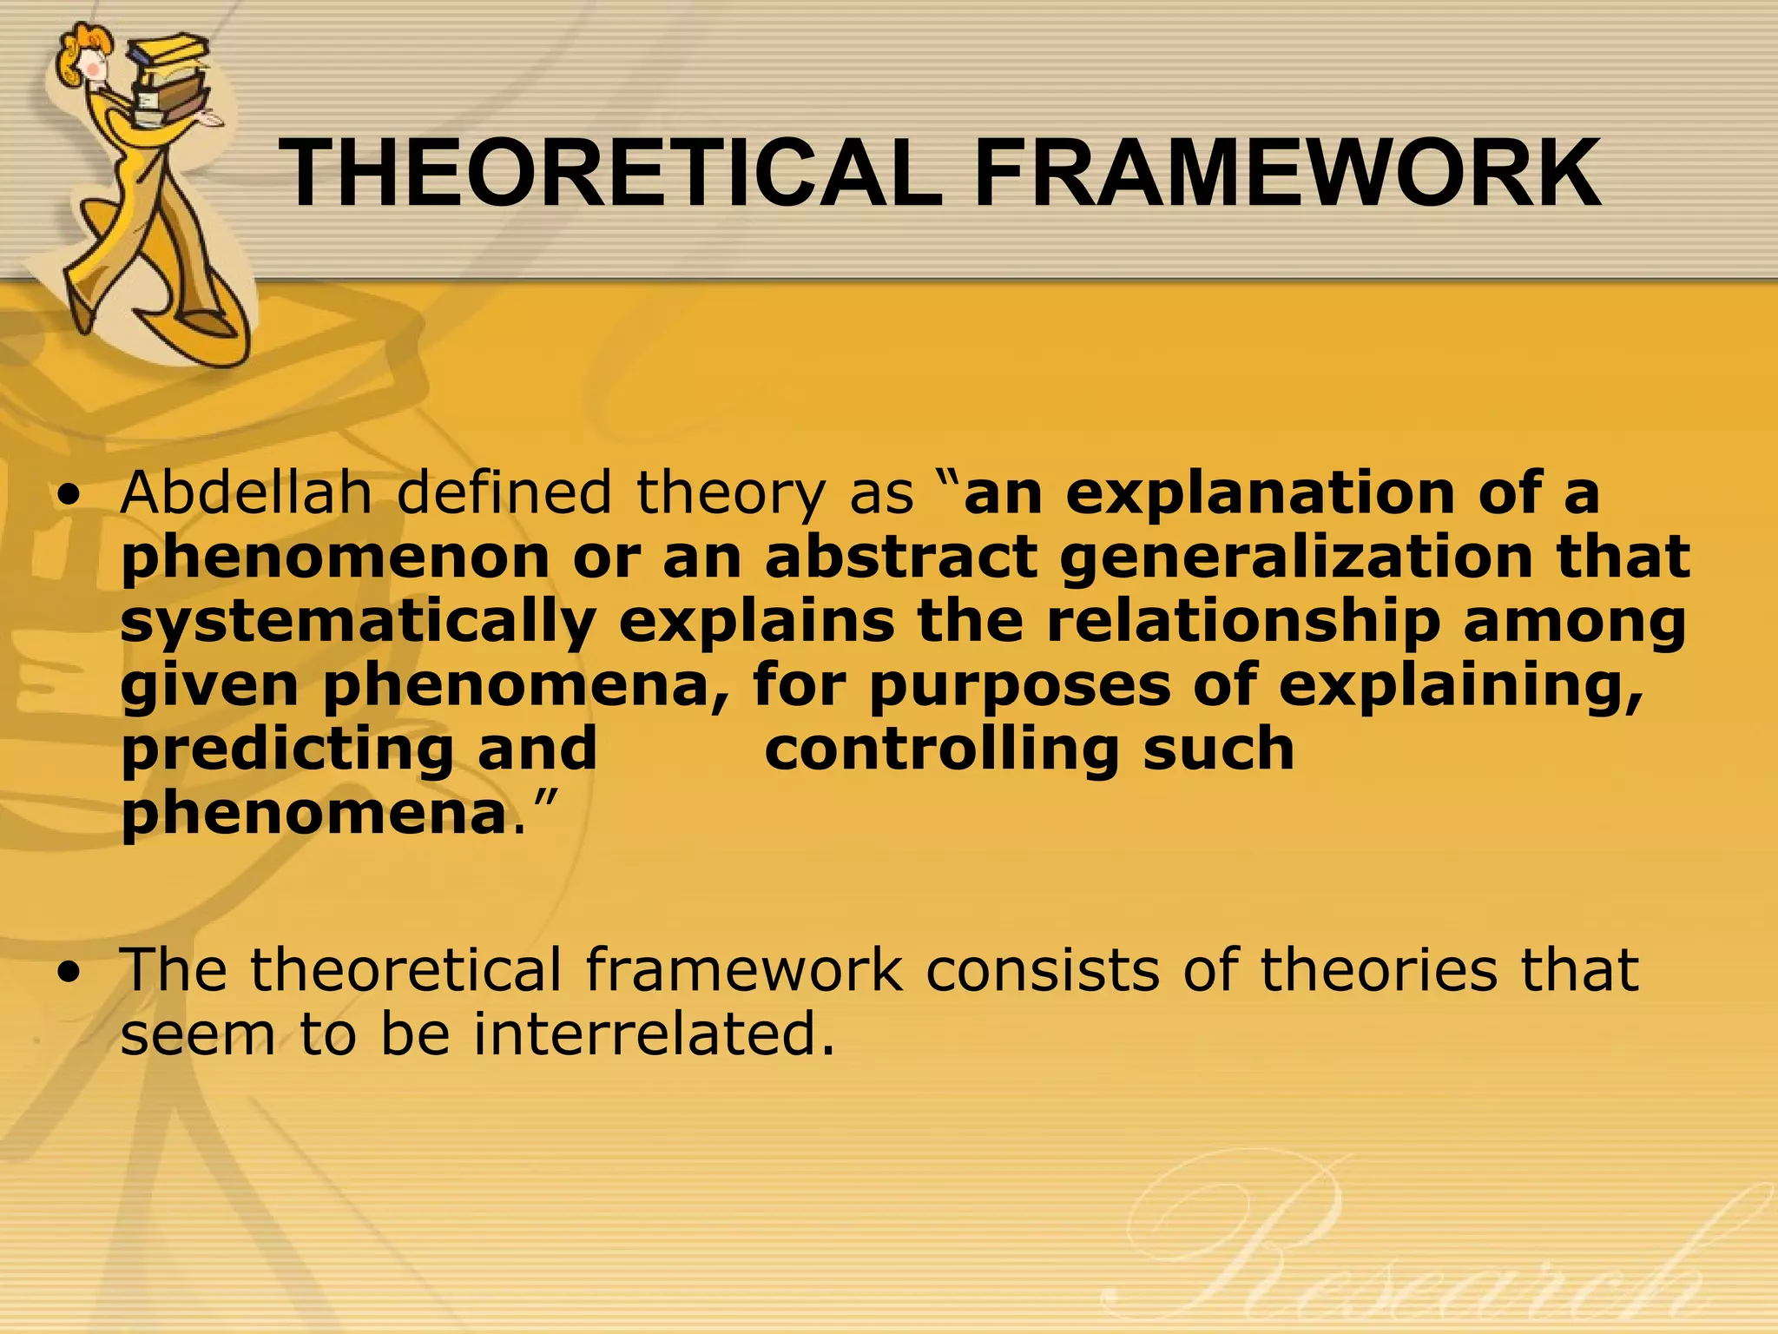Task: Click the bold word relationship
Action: [x=1242, y=622]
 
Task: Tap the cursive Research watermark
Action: [x=1424, y=1251]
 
